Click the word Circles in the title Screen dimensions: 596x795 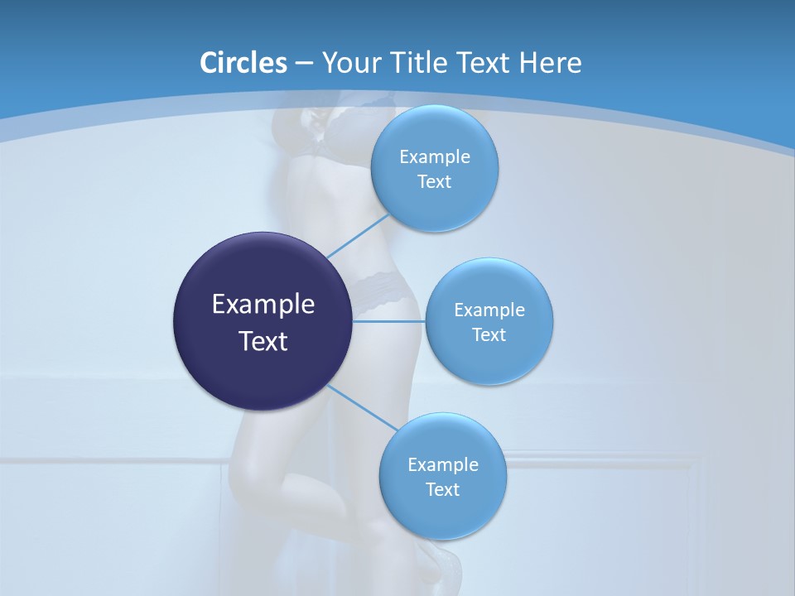coord(243,63)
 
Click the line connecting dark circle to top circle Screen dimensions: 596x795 coord(358,235)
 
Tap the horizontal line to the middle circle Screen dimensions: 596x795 coord(389,320)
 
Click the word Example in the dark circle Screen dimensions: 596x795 coord(263,305)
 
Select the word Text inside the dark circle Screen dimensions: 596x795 coord(263,341)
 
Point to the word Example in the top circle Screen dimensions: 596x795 coord(435,157)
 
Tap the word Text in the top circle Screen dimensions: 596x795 coord(435,182)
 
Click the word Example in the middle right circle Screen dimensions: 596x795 coord(489,310)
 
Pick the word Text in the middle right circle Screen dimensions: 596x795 coord(489,335)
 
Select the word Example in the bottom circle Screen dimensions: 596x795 coord(443,465)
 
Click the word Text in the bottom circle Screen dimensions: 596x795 coord(443,490)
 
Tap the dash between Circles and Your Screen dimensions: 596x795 coord(304,64)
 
